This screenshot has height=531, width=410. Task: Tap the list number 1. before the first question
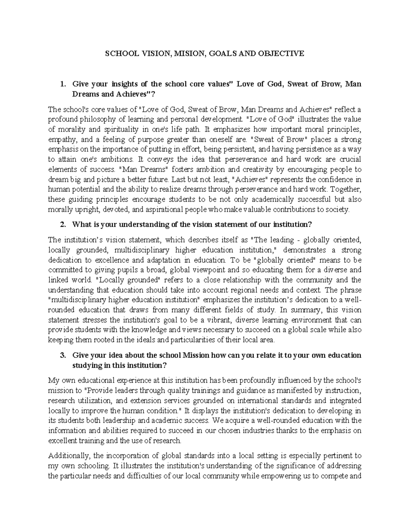coord(62,84)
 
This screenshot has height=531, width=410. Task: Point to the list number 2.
coord(62,225)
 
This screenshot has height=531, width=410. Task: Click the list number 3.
coord(62,355)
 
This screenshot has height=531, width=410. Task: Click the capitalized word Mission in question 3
coord(196,355)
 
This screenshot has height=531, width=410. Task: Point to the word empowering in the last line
coord(280,476)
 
